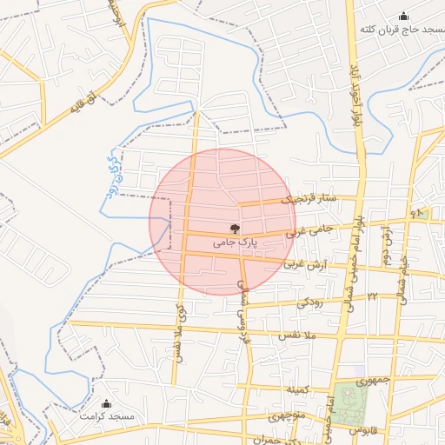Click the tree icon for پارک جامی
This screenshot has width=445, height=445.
click(234, 229)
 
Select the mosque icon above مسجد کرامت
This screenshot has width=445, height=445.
click(107, 404)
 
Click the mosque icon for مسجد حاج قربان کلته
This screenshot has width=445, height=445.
click(403, 17)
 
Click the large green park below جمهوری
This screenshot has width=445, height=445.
click(352, 403)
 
